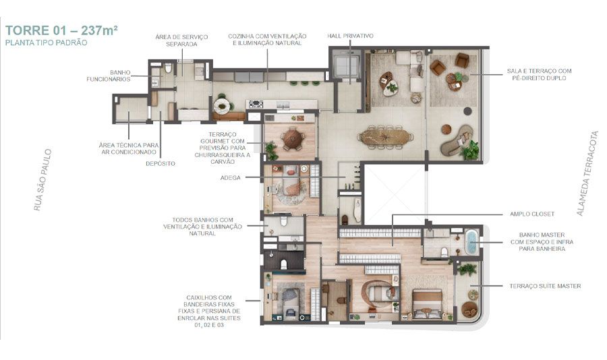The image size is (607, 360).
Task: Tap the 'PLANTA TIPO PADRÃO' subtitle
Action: point(45,42)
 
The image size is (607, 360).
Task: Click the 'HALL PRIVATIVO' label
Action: point(351,36)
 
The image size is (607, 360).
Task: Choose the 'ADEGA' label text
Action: point(232,178)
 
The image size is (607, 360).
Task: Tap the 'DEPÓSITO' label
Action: point(161,163)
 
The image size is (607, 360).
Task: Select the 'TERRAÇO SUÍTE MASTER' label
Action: point(544,286)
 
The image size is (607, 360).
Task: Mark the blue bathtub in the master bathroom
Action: point(470,241)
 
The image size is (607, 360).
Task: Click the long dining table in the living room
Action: point(386,137)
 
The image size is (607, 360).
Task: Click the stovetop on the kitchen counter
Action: point(256,104)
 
